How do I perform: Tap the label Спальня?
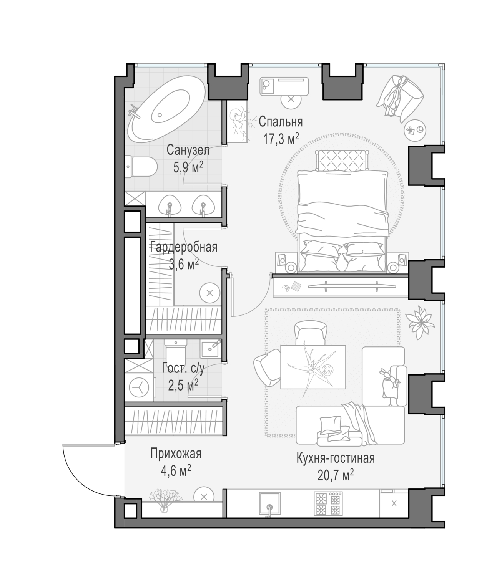[281, 122]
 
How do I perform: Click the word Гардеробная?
[183, 247]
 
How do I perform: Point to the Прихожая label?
[176, 454]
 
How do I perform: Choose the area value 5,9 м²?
[188, 167]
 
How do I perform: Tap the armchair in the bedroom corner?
[400, 95]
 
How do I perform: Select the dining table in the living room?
[313, 367]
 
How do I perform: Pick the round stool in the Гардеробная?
[210, 293]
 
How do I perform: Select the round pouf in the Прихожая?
[204, 497]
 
